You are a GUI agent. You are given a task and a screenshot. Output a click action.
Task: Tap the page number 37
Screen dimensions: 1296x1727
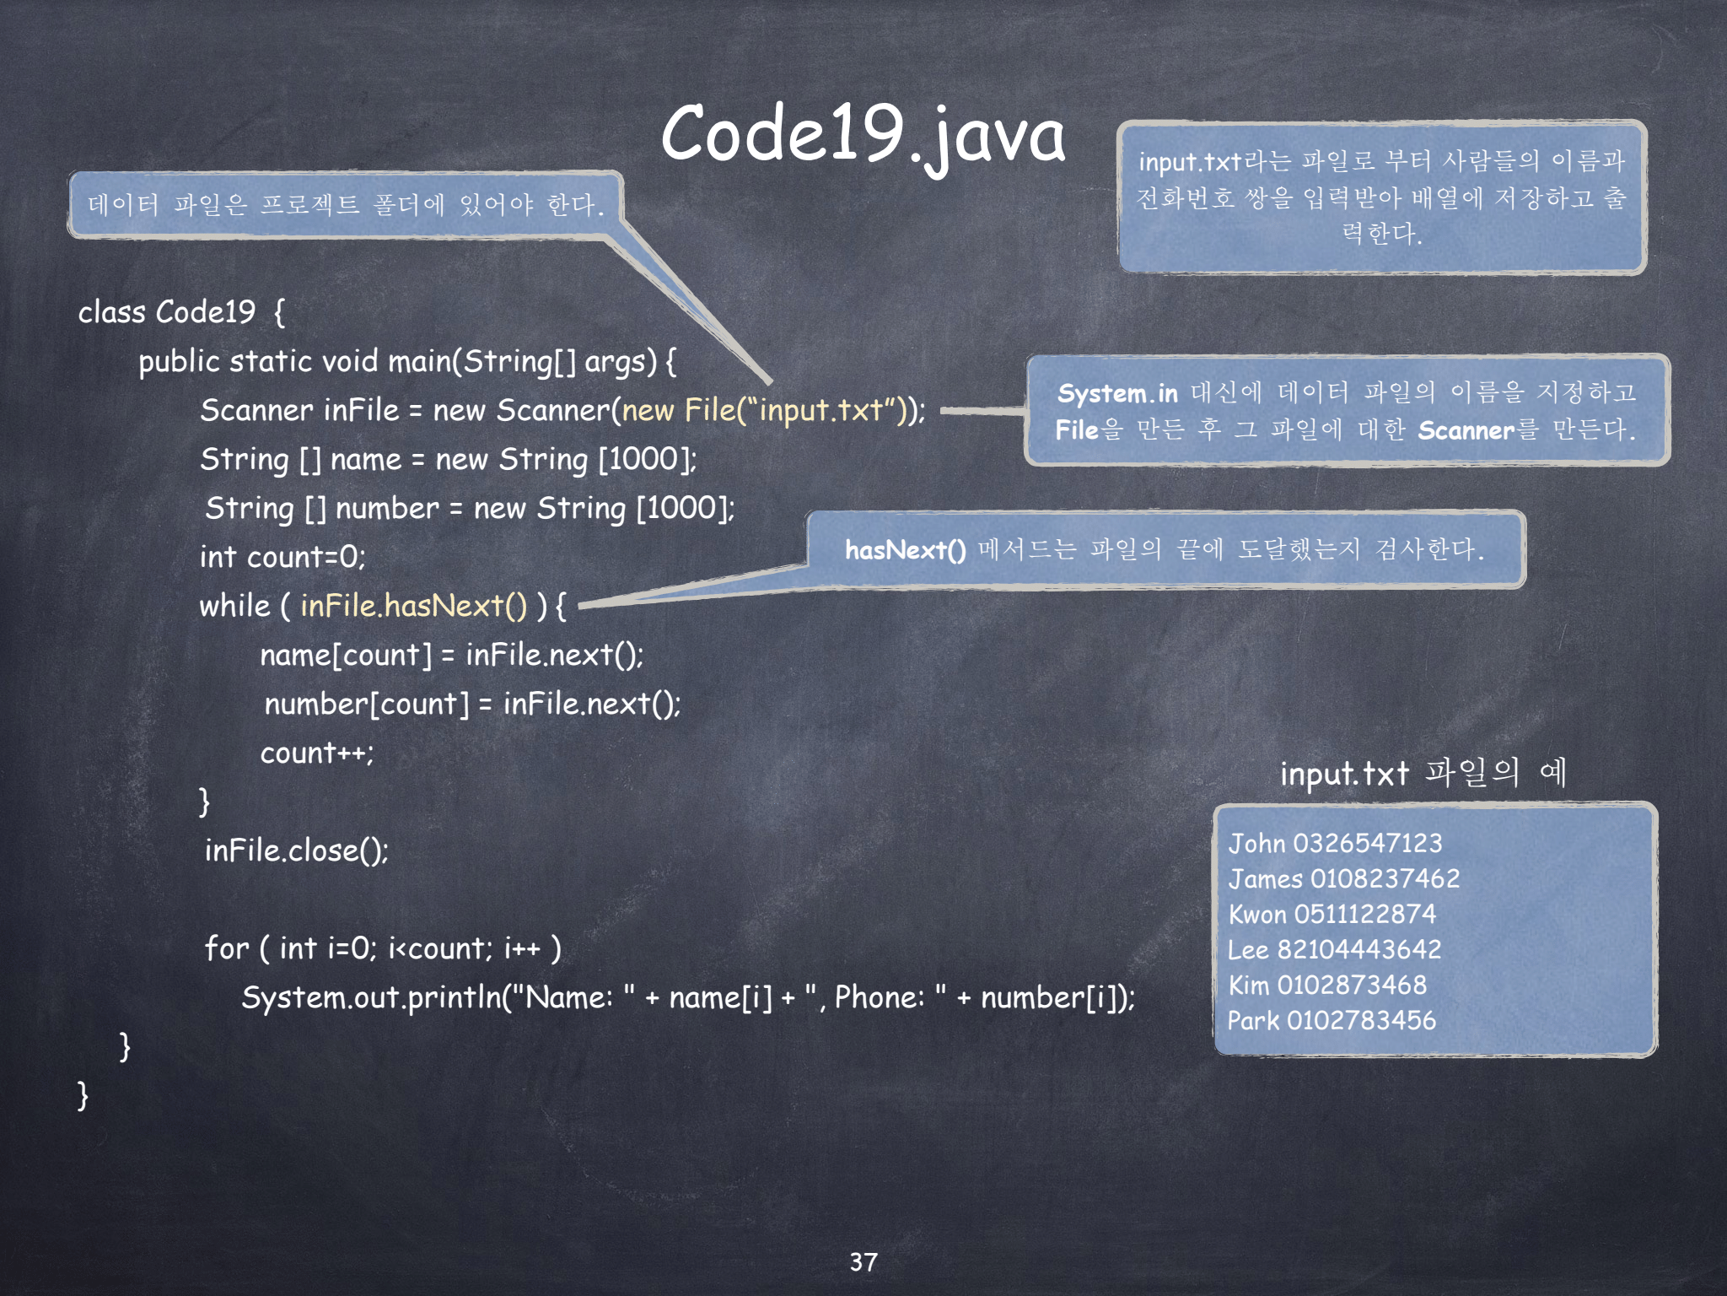(863, 1262)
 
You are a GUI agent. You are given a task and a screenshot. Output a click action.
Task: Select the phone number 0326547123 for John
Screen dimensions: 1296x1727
(1367, 843)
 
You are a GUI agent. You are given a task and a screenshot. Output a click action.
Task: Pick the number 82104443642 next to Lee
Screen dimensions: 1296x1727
(1358, 950)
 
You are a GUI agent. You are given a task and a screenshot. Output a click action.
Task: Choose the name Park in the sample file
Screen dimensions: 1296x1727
(1253, 1021)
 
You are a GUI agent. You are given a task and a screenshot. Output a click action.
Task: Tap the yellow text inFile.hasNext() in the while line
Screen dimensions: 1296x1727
(413, 606)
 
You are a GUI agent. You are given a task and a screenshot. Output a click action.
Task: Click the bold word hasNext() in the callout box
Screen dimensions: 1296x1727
(905, 550)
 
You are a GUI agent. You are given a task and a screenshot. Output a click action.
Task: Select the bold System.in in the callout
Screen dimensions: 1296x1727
(1117, 393)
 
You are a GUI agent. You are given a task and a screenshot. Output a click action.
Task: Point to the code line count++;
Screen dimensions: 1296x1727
(316, 753)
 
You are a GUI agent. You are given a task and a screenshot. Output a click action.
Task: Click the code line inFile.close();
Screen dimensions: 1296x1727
(296, 850)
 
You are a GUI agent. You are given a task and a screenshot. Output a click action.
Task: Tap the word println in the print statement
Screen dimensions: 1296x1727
(455, 998)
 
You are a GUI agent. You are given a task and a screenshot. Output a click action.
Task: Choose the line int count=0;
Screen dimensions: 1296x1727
(282, 557)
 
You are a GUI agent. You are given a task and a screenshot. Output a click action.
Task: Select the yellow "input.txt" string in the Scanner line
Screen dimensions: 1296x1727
(821, 410)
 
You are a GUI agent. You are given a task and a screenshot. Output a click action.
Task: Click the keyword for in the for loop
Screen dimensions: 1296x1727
(227, 948)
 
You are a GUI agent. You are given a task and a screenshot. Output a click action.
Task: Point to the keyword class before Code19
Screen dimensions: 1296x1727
(111, 312)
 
